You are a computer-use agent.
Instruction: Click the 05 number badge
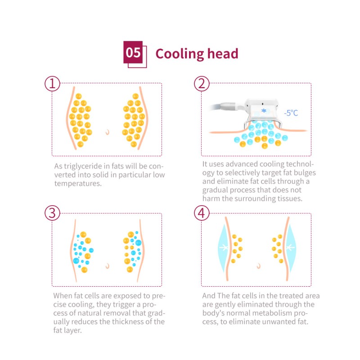coord(133,52)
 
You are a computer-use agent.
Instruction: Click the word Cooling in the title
coord(180,54)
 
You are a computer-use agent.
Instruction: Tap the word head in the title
coord(223,54)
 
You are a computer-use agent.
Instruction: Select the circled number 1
coord(52,84)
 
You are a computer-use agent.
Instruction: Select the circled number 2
coord(202,84)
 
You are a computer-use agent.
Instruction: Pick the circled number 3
coord(52,213)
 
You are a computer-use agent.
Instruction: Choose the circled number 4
coord(202,213)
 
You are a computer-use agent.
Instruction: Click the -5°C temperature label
coord(291,113)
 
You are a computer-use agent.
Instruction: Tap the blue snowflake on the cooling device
coord(264,111)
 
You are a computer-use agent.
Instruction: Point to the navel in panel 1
coord(107,132)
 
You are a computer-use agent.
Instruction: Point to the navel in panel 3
coord(107,266)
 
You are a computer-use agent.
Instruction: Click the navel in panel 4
coord(259,266)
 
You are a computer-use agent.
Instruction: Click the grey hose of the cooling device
coord(216,107)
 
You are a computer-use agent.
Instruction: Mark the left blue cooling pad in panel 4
coord(222,248)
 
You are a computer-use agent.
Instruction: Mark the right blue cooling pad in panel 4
coord(291,248)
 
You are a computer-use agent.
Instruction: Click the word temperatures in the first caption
coord(78,184)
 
